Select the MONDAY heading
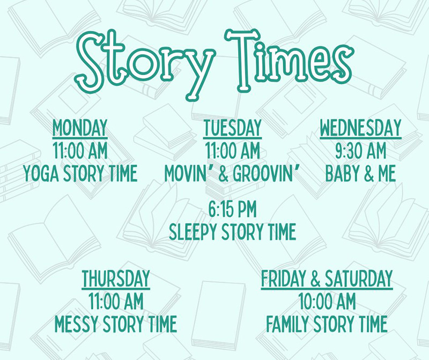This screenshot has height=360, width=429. click(x=80, y=128)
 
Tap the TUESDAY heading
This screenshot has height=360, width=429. click(x=233, y=128)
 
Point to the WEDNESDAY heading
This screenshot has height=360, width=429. click(x=360, y=128)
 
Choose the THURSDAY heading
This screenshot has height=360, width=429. click(x=116, y=278)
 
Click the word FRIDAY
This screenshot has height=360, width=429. click(x=284, y=278)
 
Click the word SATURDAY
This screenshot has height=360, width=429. click(x=359, y=278)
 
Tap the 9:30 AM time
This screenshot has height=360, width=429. click(x=360, y=151)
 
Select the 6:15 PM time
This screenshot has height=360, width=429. click(x=233, y=209)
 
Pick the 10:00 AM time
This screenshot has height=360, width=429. click(x=327, y=301)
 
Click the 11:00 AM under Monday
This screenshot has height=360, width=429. click(x=80, y=151)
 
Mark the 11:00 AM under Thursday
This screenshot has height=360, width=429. click(x=116, y=301)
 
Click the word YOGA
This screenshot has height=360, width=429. click(x=41, y=173)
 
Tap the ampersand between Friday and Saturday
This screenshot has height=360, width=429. click(x=315, y=278)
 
